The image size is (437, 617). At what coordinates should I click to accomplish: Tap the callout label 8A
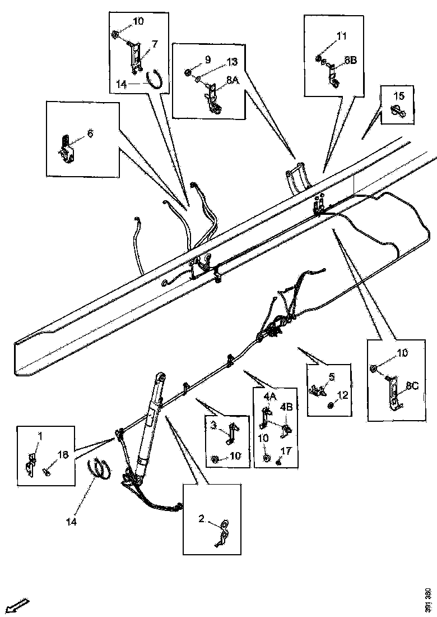point(233,81)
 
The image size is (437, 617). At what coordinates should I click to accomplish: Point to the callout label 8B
point(350,59)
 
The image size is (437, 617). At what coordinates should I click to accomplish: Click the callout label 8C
point(412,385)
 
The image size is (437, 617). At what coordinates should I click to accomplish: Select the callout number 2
point(201,519)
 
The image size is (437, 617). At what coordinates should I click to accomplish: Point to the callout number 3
point(213,425)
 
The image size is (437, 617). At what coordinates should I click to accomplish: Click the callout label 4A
point(270,396)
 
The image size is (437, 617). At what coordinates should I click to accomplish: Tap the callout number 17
point(286,449)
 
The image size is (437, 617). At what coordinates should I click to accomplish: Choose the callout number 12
point(343,394)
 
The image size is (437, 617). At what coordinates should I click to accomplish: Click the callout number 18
point(63,454)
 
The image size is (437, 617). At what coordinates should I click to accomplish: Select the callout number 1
point(40,435)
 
